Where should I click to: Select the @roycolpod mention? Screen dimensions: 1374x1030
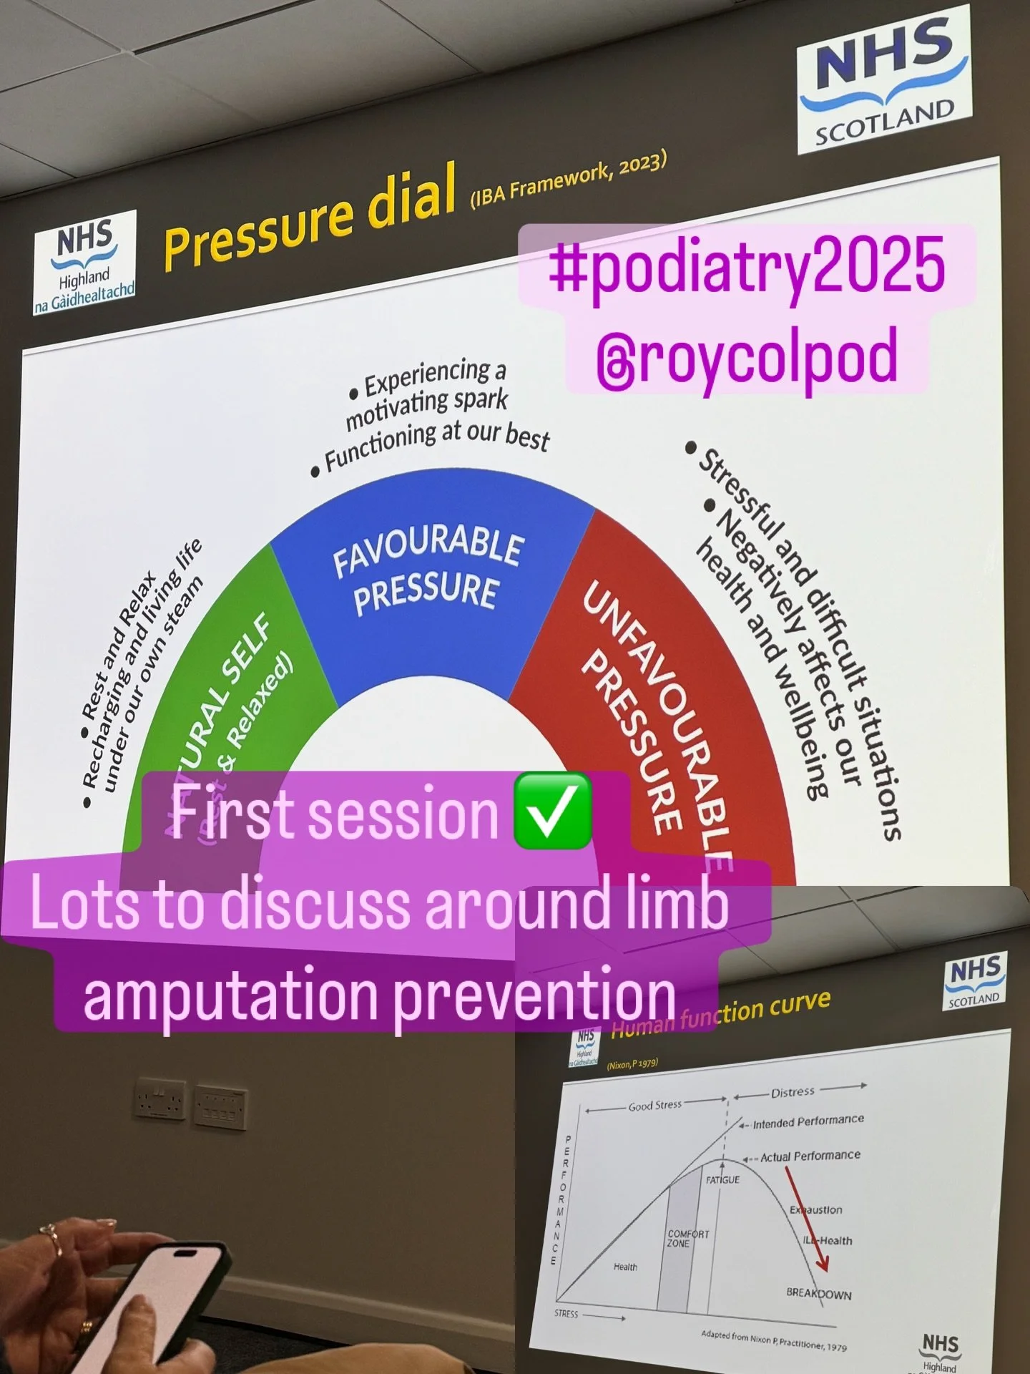pos(746,356)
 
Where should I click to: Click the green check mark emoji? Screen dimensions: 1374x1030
pos(553,812)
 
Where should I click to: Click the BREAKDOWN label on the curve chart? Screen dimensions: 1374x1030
pos(818,1293)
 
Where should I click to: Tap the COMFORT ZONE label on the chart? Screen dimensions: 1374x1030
pos(688,1239)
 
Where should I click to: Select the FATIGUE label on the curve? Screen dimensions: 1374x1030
pos(722,1179)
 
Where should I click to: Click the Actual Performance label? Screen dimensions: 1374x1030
pos(810,1156)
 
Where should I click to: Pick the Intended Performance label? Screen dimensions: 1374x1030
pos(808,1121)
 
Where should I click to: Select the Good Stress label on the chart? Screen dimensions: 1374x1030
pos(655,1106)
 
